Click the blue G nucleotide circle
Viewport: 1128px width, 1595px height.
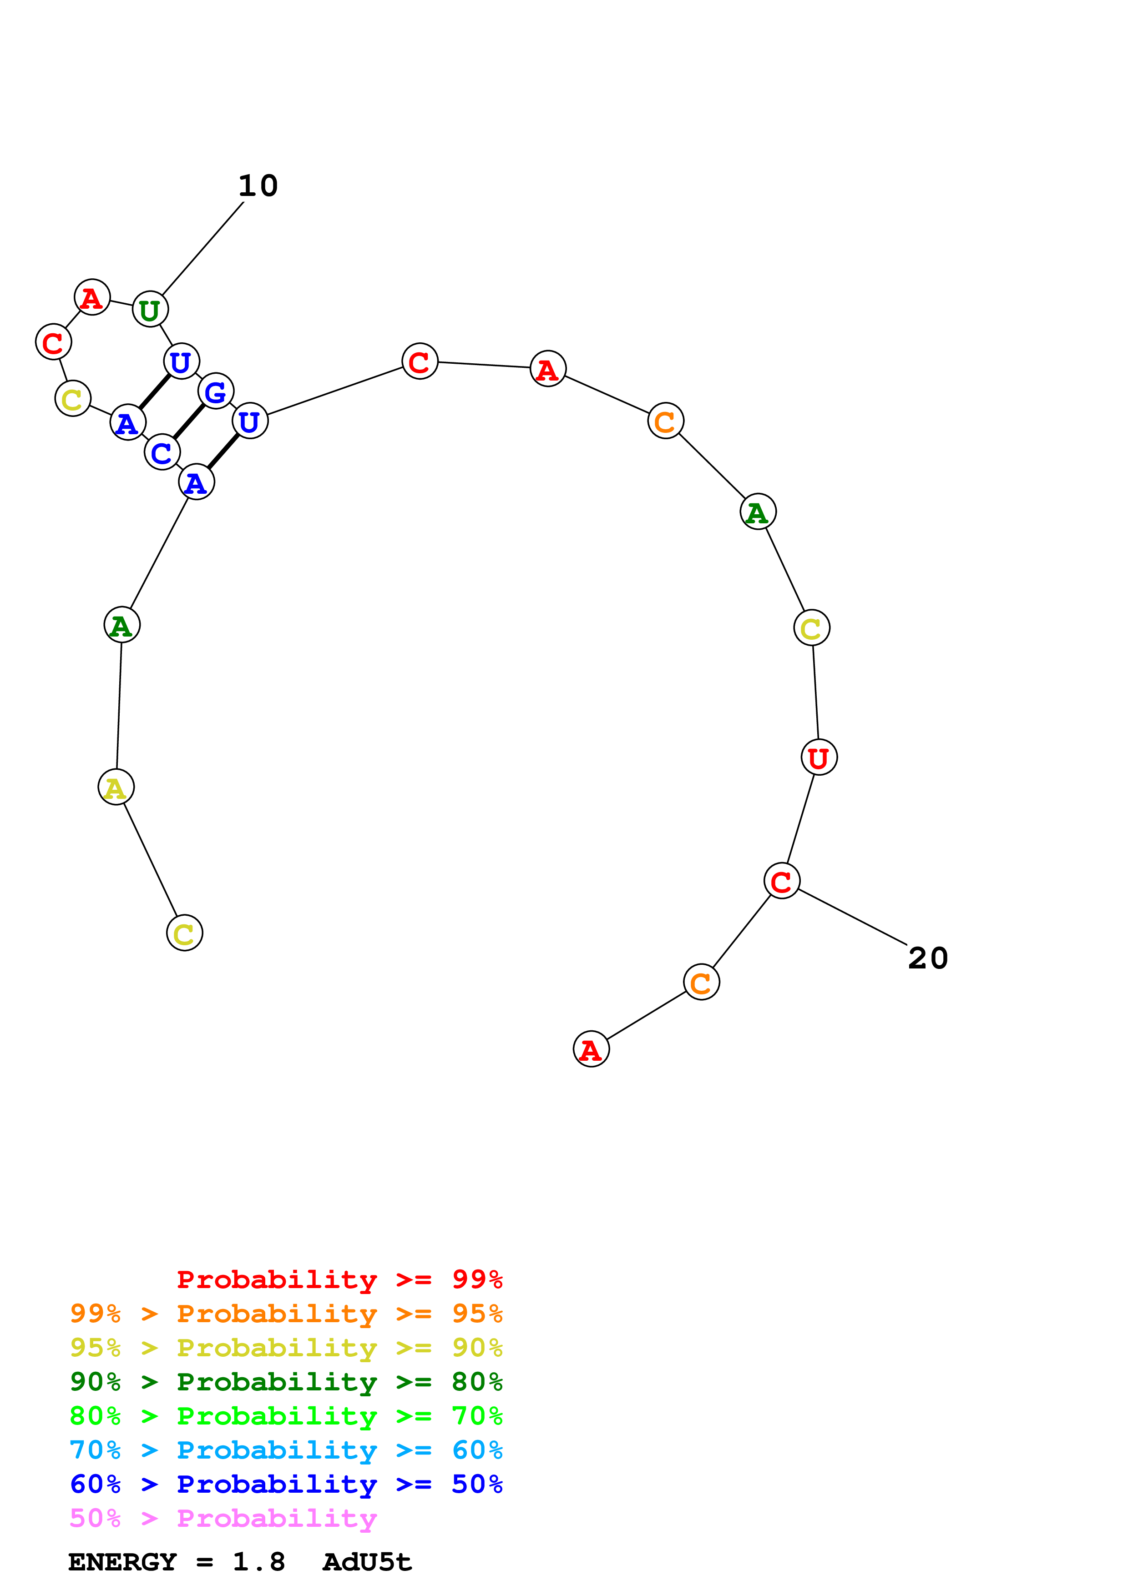pos(215,391)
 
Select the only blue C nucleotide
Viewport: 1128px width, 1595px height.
pos(162,452)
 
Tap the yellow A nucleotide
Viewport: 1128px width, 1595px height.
pos(116,787)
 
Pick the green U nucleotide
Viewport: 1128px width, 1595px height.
pos(150,309)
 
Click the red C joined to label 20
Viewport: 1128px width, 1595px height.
pos(781,881)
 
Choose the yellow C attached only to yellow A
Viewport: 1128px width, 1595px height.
pos(184,933)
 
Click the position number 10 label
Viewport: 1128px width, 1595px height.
pos(258,186)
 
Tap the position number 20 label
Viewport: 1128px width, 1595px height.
pos(928,958)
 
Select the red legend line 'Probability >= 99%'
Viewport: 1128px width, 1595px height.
pos(339,1279)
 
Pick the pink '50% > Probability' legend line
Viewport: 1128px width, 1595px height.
pos(223,1518)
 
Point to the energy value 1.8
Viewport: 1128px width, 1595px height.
pos(258,1562)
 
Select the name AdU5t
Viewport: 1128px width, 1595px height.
pos(367,1562)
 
